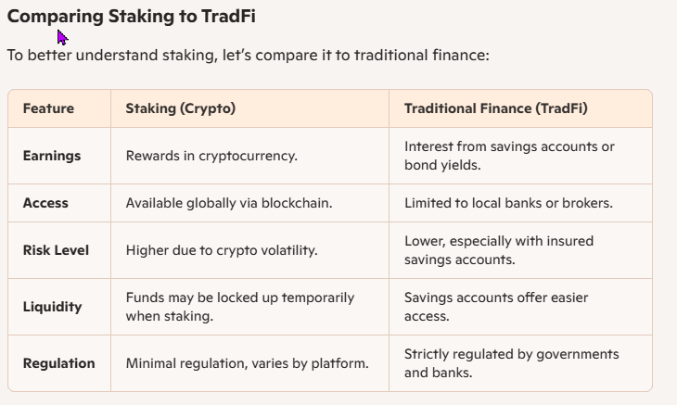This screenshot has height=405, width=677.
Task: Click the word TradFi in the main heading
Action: click(x=228, y=17)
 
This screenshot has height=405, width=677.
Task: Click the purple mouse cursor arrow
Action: click(x=62, y=37)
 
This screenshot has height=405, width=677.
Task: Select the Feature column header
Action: click(x=48, y=108)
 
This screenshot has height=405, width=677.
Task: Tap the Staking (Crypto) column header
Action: click(x=181, y=108)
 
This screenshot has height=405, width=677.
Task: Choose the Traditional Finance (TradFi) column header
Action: click(x=495, y=108)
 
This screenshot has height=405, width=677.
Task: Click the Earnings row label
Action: click(x=52, y=156)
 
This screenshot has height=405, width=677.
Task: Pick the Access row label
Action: click(x=45, y=203)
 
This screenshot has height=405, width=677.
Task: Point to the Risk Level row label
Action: click(x=56, y=250)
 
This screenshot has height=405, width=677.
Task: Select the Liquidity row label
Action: click(x=52, y=307)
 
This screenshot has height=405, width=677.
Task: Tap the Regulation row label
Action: click(x=58, y=363)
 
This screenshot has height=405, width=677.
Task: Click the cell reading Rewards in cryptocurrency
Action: click(x=211, y=156)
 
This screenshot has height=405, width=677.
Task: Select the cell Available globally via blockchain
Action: click(x=229, y=203)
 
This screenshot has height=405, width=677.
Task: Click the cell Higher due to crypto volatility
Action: click(x=222, y=250)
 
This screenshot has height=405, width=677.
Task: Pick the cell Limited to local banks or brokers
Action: click(x=508, y=203)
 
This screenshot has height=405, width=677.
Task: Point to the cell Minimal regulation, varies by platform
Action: click(x=247, y=363)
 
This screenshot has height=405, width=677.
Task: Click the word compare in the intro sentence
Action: click(x=287, y=56)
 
